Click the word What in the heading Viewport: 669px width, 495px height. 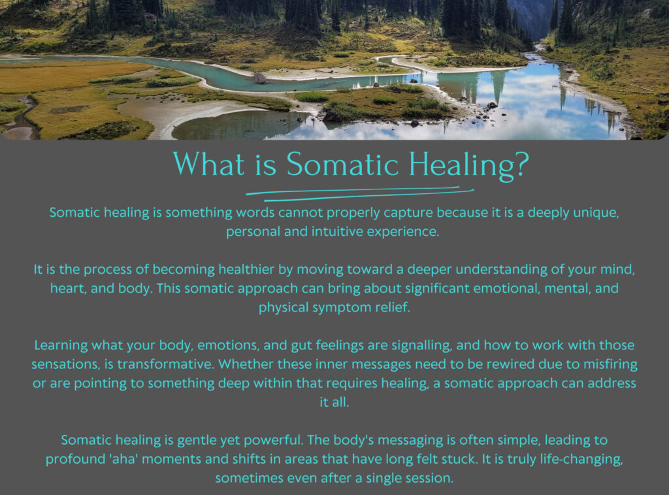[x=209, y=164]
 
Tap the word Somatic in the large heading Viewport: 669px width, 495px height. [x=342, y=164]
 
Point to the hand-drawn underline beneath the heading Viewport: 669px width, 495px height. [x=360, y=193]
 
